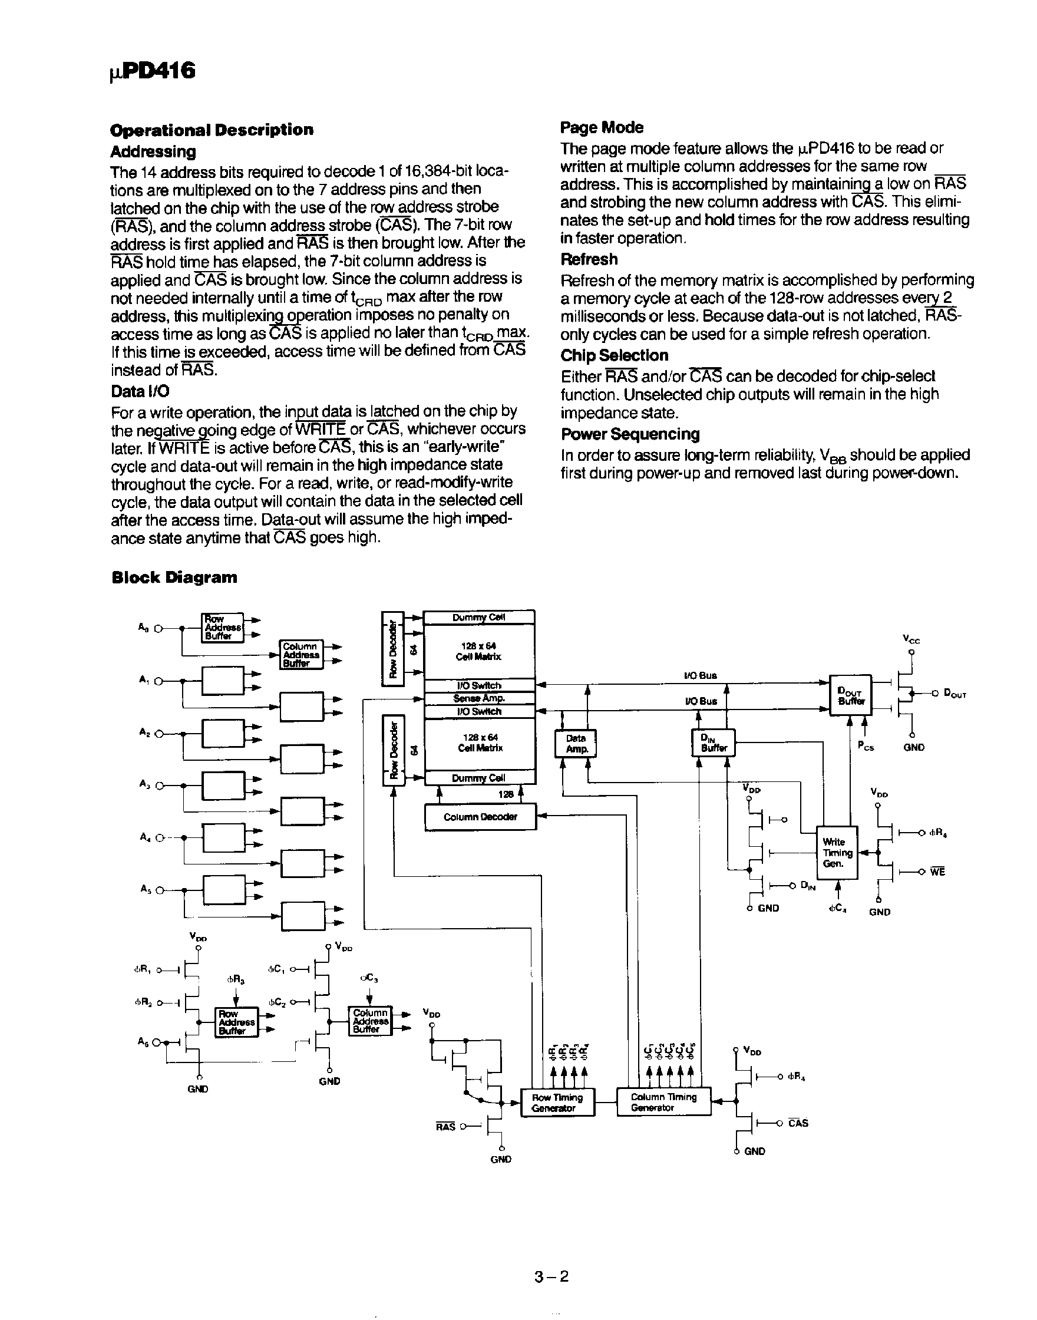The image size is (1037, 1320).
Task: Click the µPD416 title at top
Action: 153,71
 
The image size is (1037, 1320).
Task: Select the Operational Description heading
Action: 212,130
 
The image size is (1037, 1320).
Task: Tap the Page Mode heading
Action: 601,127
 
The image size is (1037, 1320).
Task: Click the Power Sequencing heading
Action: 630,434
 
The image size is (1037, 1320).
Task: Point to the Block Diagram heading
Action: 174,577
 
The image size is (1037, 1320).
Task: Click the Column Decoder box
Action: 480,817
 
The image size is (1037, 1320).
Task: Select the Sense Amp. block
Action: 479,698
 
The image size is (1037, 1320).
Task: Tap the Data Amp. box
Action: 576,744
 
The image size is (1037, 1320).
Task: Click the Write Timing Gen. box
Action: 837,853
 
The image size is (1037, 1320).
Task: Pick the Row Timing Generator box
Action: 557,1103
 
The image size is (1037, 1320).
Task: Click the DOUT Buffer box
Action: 850,695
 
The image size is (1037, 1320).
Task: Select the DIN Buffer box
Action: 714,743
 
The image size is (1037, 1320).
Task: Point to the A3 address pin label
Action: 143,784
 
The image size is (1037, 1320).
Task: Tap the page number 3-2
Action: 551,1277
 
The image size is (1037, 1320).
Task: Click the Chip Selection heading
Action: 614,355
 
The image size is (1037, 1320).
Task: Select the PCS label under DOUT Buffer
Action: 866,747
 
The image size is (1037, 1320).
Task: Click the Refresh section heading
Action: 589,259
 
